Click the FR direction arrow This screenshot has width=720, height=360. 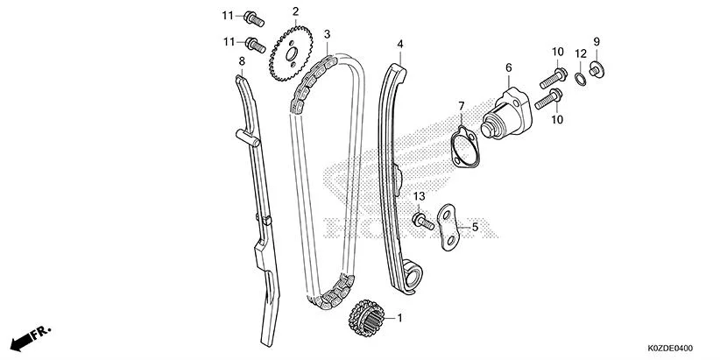pos(32,337)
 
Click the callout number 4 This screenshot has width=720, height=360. pos(400,44)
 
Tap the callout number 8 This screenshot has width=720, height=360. pos(242,60)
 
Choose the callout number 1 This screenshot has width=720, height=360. pos(400,317)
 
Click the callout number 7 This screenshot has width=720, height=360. pos(461,106)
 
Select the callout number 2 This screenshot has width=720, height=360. pos(295,11)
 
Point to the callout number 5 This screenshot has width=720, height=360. pos(476,228)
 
